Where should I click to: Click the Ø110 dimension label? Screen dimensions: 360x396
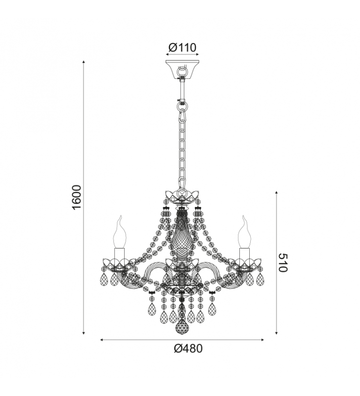(x=182, y=47)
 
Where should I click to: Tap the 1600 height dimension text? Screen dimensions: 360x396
(x=77, y=197)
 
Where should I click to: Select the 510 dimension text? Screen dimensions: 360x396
(x=283, y=263)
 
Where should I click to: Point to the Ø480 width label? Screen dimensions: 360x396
(x=188, y=348)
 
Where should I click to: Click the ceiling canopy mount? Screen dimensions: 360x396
(x=182, y=69)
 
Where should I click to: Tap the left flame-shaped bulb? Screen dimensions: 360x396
(x=119, y=232)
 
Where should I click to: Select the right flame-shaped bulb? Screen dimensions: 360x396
(x=244, y=232)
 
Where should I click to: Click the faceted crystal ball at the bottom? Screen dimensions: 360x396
(x=182, y=327)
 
